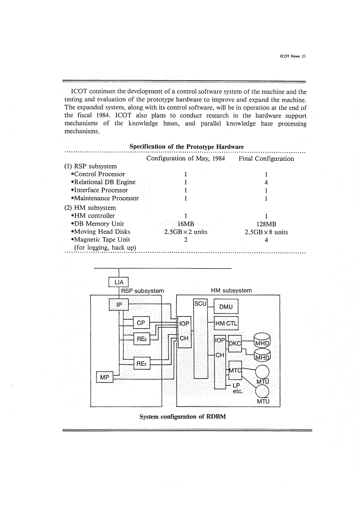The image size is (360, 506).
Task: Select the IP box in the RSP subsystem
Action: point(120,304)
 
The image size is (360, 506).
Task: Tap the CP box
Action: point(141,323)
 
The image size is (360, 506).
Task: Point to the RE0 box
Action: point(141,339)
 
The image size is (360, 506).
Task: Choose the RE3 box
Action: point(141,364)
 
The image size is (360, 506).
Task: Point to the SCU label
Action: point(200,303)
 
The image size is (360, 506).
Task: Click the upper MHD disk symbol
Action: point(263,340)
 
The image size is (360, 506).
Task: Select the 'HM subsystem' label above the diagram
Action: point(231,290)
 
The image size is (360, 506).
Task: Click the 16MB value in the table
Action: point(185,223)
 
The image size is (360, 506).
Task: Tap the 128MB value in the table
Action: point(266,223)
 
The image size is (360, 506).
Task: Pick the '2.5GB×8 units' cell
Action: point(266,232)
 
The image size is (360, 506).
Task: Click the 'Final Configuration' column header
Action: point(266,158)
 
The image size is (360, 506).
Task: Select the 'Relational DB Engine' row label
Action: point(103,182)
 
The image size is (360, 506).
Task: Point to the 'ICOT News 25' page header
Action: point(292,56)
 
